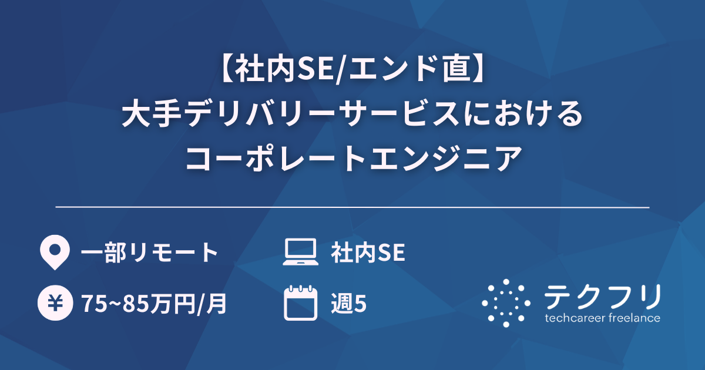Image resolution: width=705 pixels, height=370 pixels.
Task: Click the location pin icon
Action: [x=53, y=253]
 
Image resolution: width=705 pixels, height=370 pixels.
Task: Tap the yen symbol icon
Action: [x=53, y=304]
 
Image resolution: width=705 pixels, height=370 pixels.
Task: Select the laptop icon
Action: [x=300, y=253]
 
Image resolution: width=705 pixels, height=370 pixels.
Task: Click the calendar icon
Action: [x=300, y=303]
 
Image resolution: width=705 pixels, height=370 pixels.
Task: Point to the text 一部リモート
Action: [x=150, y=253]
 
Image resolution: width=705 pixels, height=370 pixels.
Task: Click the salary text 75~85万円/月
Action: [x=154, y=304]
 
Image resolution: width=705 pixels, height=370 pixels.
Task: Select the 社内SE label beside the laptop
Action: [x=368, y=253]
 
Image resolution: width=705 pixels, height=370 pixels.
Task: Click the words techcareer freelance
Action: [x=603, y=318]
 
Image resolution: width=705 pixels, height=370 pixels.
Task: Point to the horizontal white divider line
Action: [x=352, y=207]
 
